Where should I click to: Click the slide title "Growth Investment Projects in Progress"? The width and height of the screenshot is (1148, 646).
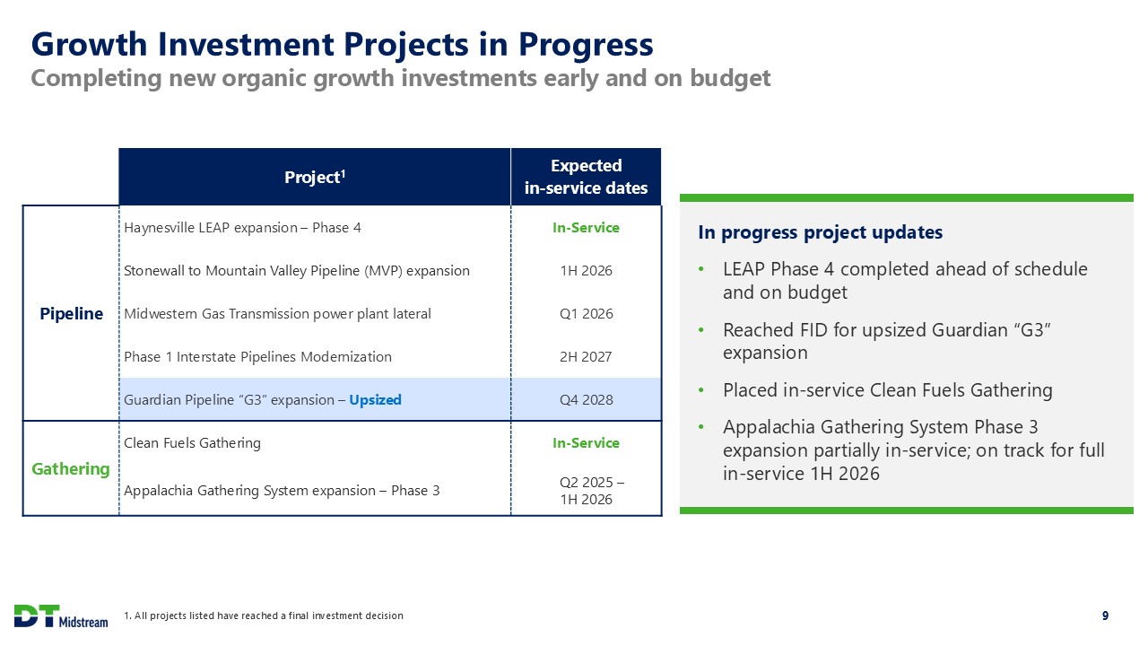342,44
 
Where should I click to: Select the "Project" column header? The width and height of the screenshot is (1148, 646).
315,177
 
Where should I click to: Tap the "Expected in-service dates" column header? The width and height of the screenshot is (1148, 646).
586,177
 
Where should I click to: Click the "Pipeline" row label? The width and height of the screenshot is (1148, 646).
71,314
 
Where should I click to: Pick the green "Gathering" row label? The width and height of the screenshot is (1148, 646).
71,468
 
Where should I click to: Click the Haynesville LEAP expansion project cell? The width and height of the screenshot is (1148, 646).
242,228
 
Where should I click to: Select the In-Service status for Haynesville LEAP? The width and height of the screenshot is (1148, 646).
586,228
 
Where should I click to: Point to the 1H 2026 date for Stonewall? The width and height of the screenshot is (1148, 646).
586,271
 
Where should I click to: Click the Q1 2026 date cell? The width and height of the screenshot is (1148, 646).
586,314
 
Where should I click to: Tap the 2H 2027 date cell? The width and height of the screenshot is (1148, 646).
586,357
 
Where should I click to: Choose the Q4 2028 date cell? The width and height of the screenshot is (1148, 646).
586,400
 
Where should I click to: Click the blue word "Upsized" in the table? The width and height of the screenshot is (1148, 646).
375,400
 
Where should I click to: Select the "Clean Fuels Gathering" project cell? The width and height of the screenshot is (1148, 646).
192,443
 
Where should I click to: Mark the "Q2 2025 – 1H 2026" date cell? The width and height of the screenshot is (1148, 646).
591,491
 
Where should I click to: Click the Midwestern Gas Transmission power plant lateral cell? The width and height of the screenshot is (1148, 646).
277,314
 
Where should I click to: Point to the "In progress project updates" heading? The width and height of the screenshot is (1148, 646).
820,232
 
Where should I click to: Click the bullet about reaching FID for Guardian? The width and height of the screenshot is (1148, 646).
886,341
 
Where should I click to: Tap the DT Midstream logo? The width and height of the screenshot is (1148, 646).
61,616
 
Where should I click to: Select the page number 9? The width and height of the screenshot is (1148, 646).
1105,615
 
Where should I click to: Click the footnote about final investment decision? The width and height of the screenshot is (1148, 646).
264,615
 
